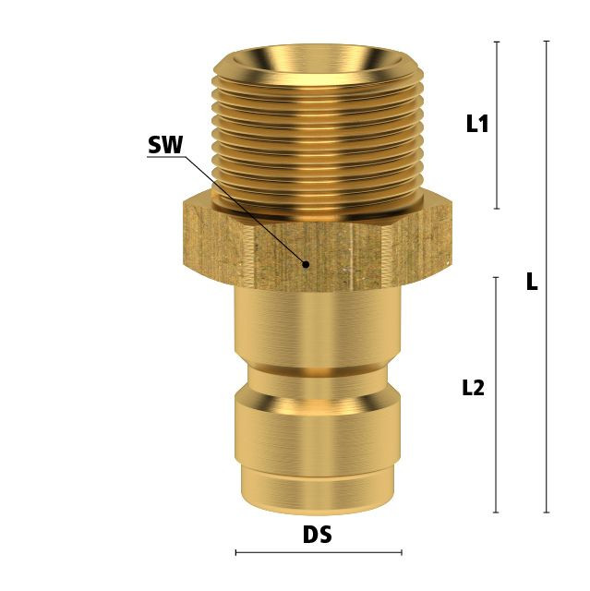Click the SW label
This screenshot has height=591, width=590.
[165, 145]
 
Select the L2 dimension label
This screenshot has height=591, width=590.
[474, 388]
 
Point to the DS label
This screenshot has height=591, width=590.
[318, 534]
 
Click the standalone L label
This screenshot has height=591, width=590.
[532, 282]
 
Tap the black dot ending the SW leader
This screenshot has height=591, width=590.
[307, 264]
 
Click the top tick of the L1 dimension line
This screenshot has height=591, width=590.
[497, 42]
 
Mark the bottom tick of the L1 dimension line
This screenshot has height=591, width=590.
[497, 209]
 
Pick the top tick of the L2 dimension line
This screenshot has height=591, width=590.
[496, 277]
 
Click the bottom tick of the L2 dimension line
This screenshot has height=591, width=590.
[496, 513]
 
